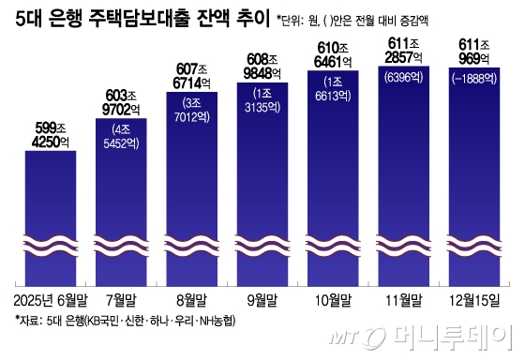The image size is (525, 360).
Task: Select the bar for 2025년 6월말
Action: (x=50, y=216)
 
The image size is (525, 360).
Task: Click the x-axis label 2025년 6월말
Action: (x=50, y=301)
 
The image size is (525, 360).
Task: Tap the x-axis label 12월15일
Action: (x=474, y=301)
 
